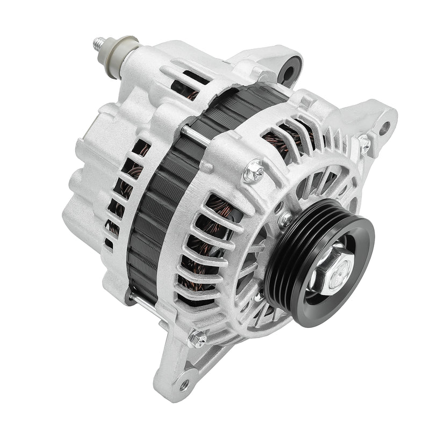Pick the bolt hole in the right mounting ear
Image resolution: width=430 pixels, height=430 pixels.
pos(385,127)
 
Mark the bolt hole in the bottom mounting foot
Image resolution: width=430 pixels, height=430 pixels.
pos(184,384)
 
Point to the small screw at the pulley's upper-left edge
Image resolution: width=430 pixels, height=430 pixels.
pos(284,219)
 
